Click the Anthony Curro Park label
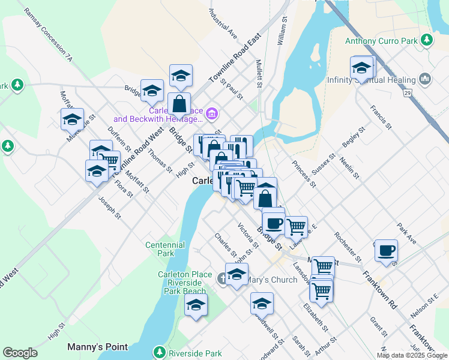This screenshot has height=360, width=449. coord(381,41)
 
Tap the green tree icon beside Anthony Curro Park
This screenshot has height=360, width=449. coord(427,40)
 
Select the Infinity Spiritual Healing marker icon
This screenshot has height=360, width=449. coord(426,79)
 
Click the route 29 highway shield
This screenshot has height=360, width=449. coord(407,94)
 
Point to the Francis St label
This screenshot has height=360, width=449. coord(381,118)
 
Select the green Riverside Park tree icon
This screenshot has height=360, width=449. coord(160,352)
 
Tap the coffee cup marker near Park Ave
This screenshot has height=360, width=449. coord(387,250)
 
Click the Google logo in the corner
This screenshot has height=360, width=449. coord(20,353)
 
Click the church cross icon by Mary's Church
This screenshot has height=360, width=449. coord(222,278)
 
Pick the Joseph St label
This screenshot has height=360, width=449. coord(110,207)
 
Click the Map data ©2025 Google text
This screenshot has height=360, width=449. coord(412,355)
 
